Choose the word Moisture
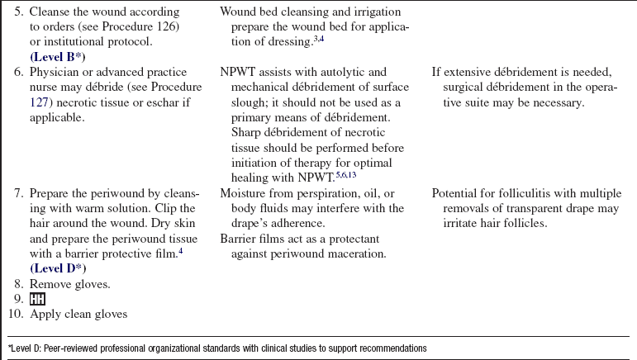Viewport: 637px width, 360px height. tap(245, 193)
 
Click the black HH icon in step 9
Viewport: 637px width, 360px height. tap(37, 299)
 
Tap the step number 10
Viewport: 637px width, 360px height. tap(16, 314)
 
